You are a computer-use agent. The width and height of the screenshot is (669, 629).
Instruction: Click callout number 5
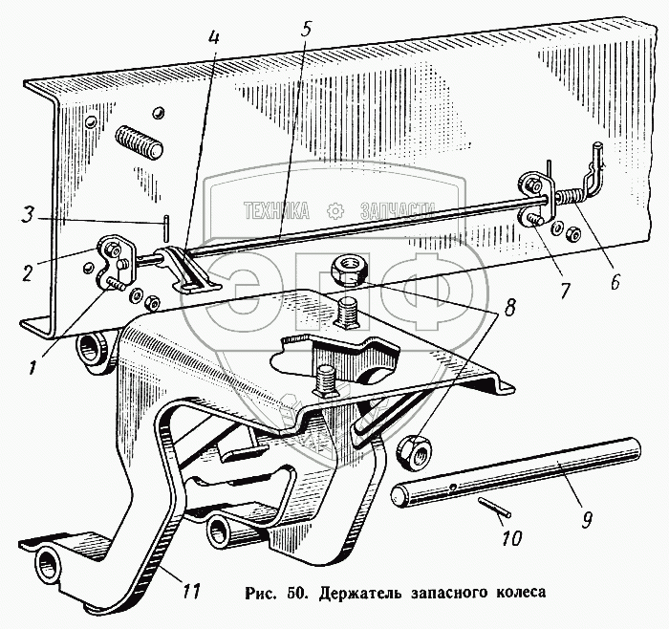(x=304, y=29)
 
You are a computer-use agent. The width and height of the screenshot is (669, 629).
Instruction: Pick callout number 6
(x=615, y=281)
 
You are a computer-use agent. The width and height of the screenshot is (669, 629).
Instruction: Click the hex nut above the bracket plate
(x=345, y=270)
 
